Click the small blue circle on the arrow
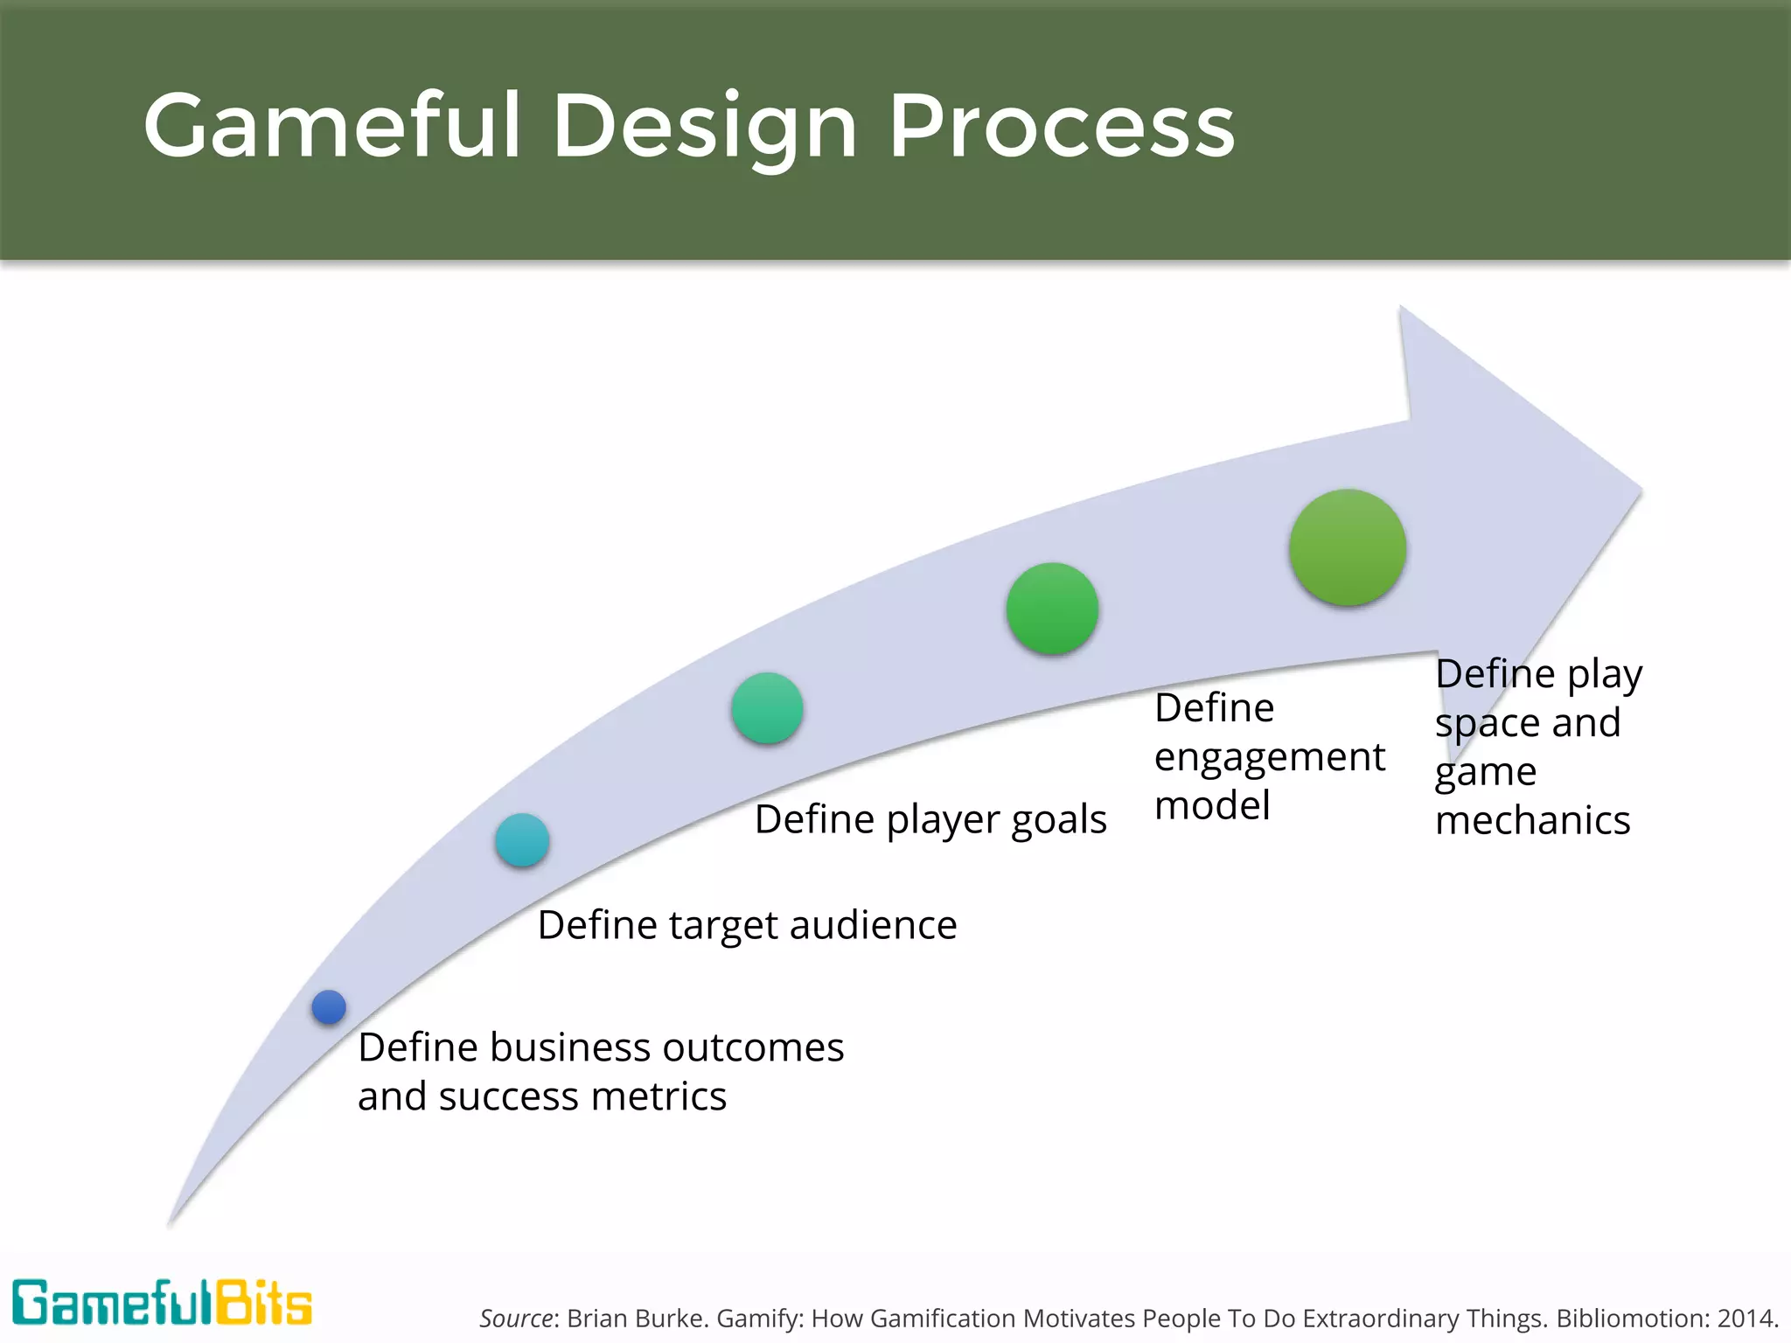pos(329,1007)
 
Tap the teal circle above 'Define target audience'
pos(522,840)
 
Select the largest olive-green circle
pos(1348,547)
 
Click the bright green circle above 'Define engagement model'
pos(1052,609)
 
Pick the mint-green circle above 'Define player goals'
pos(767,708)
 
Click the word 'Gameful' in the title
pos(333,126)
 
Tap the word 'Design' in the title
pos(705,126)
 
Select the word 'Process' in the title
pos(1062,126)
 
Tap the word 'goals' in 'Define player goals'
pos(1059,819)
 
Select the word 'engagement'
pos(1269,757)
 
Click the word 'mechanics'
pos(1532,820)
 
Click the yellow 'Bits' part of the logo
pos(263,1304)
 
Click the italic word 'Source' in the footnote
pos(516,1318)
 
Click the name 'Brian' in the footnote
pos(592,1318)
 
